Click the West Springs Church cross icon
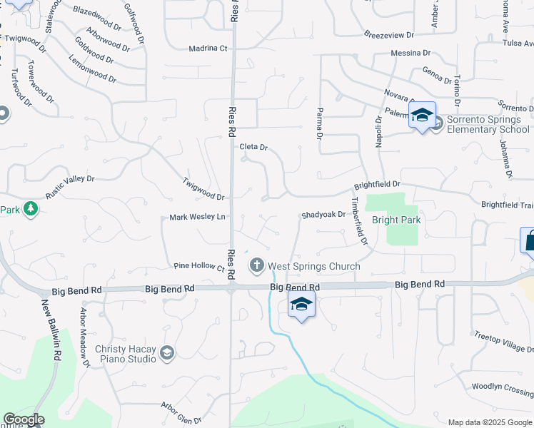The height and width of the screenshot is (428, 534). [256, 266]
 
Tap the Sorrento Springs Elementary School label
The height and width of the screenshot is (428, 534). [488, 125]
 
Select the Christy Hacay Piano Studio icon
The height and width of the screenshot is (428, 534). [167, 352]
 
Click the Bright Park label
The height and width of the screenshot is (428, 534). [396, 220]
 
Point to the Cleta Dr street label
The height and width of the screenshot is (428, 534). [253, 148]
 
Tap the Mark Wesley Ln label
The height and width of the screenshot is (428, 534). [197, 217]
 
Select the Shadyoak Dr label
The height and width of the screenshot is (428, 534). [323, 214]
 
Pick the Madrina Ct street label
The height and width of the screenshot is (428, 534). [208, 49]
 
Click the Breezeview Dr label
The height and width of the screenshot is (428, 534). [388, 34]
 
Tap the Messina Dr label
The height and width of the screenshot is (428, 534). [410, 53]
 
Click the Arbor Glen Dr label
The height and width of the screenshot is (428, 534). [182, 413]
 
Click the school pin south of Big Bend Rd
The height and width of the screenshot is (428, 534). [301, 305]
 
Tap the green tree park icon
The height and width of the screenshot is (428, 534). [30, 209]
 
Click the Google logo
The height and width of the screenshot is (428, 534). [24, 419]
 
